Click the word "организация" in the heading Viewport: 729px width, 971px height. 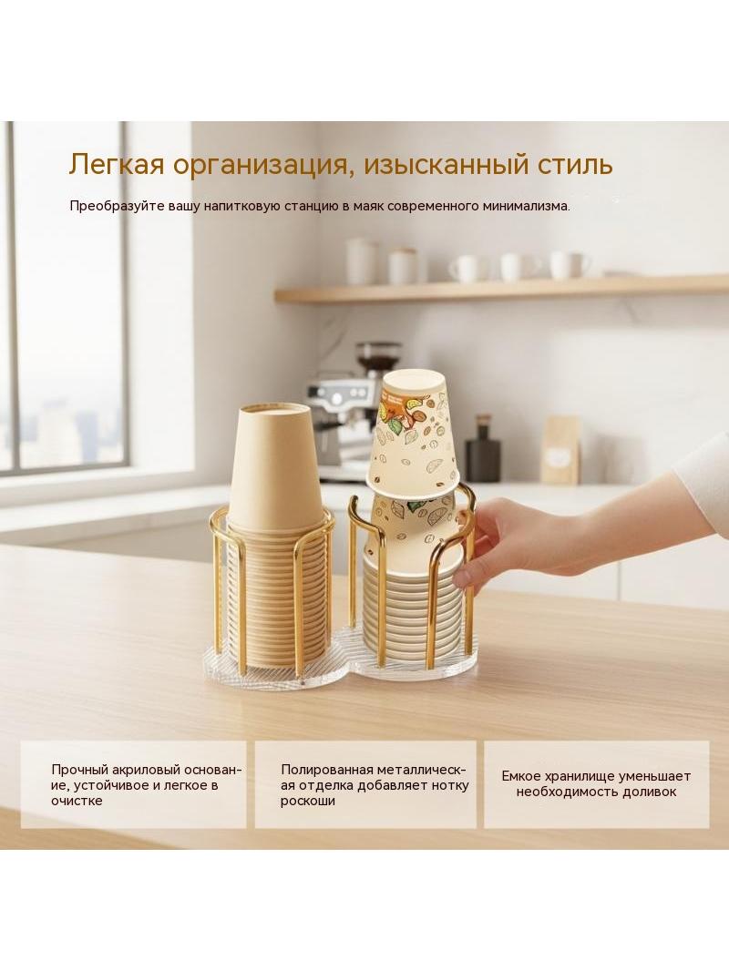261,166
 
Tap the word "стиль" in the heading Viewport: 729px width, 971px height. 570,165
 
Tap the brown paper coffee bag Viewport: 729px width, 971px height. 560,450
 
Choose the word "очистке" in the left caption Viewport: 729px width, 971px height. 77,801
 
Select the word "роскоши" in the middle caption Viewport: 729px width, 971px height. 308,802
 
